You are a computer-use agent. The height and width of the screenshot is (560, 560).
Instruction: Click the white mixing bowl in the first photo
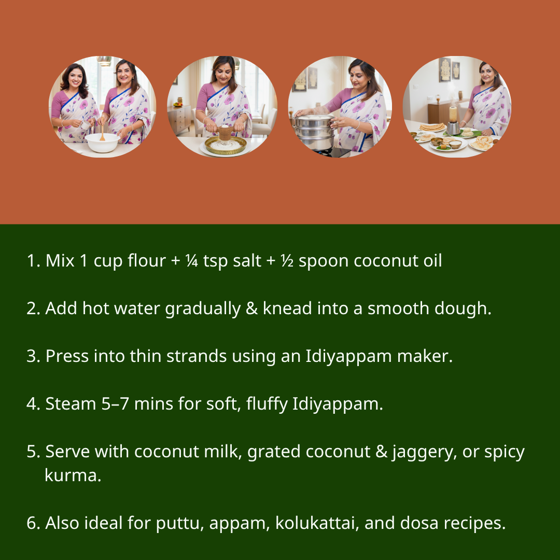tap(102, 142)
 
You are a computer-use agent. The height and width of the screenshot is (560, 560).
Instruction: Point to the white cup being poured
tap(85, 125)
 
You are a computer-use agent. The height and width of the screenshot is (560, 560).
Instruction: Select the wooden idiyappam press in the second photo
tap(224, 134)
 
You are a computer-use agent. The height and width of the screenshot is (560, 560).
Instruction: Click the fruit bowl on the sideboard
tap(178, 104)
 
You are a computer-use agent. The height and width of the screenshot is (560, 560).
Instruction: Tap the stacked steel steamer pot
tap(314, 132)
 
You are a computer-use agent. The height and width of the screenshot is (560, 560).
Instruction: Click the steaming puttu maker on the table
tap(453, 122)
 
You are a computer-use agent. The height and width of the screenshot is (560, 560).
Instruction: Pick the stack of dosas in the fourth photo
tap(432, 127)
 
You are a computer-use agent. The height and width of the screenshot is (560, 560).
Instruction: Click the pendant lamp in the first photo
tap(104, 61)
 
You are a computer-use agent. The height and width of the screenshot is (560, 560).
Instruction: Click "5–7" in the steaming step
tap(116, 404)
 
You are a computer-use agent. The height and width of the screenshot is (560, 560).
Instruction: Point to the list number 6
tap(32, 523)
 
